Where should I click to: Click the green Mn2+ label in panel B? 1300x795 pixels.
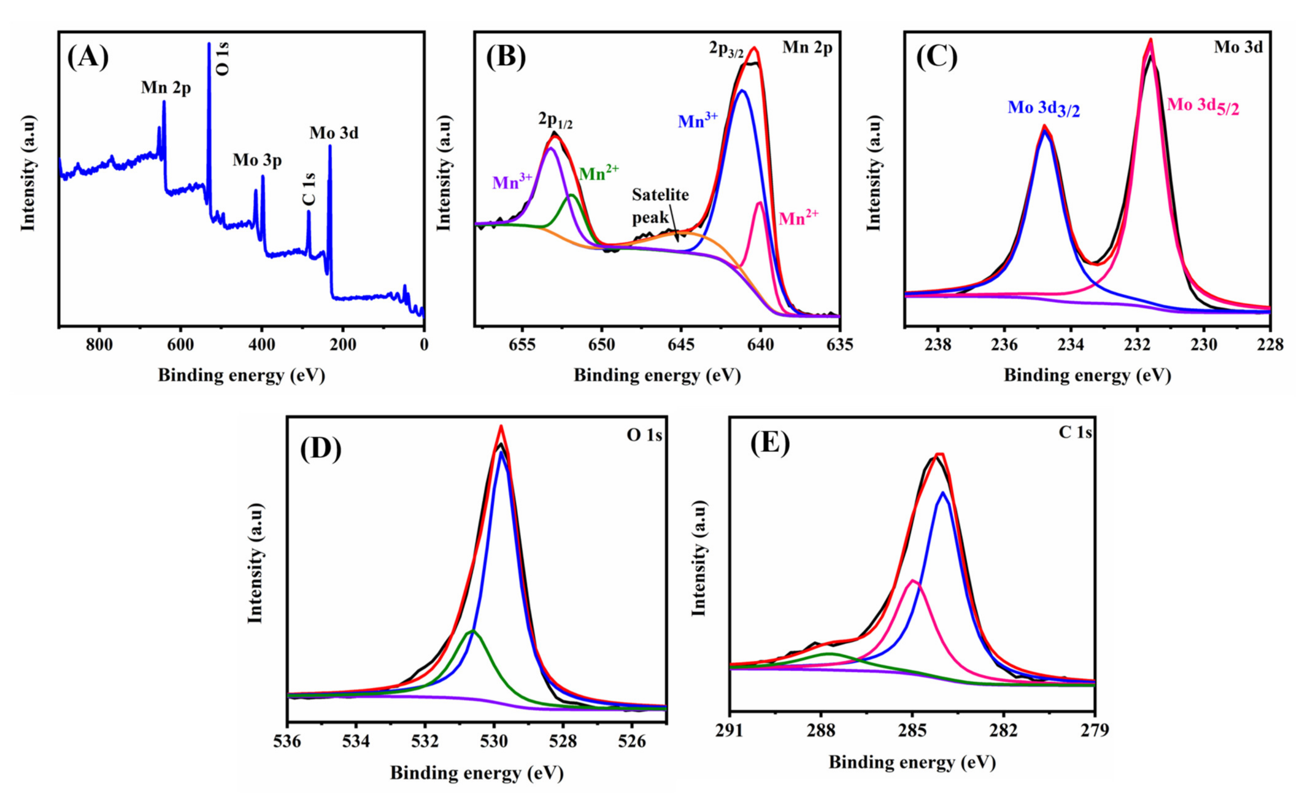click(599, 173)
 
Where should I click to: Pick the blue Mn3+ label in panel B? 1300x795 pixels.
click(697, 120)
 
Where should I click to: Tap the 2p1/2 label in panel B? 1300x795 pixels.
click(555, 121)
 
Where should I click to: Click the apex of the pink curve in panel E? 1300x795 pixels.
click(912, 580)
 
